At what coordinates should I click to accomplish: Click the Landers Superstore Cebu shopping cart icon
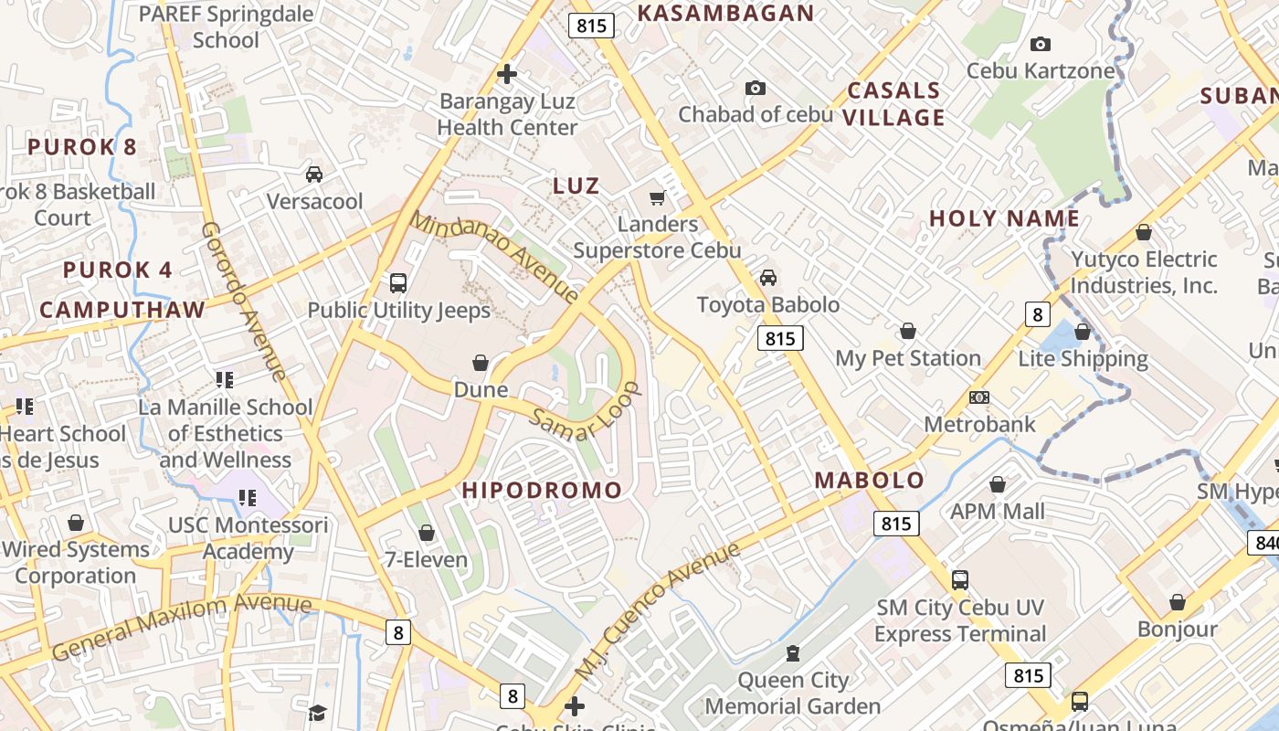(x=656, y=197)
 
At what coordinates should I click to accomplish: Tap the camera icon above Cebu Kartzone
(x=1040, y=44)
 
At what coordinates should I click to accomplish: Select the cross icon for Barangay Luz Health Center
(x=507, y=74)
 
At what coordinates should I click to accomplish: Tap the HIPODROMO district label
(x=542, y=490)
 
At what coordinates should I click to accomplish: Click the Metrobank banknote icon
(x=979, y=397)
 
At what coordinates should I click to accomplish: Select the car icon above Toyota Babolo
(x=768, y=278)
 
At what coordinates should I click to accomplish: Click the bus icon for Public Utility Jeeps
(x=398, y=283)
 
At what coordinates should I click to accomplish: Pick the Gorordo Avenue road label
(x=244, y=301)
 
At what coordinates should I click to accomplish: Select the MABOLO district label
(x=869, y=480)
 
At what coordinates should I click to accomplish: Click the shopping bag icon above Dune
(x=481, y=364)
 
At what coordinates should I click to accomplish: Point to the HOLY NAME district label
(x=1004, y=218)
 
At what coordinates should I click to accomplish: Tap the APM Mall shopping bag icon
(x=998, y=484)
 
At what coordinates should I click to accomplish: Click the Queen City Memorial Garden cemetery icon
(x=792, y=653)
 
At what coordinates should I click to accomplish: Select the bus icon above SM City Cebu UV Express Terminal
(x=959, y=579)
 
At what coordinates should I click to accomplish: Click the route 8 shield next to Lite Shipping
(x=1036, y=314)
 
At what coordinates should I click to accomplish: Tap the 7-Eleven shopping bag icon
(x=427, y=533)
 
